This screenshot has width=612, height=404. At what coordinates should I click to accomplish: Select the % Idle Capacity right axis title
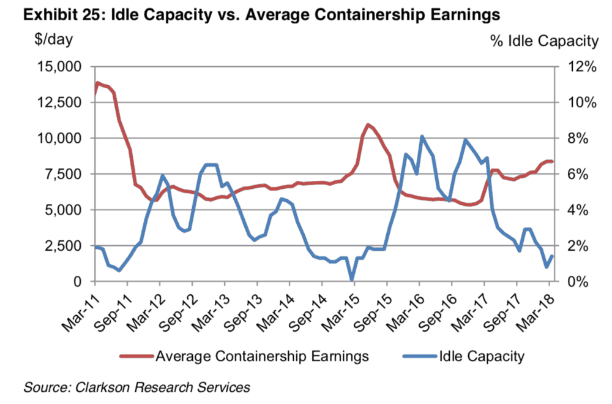pyautogui.click(x=543, y=41)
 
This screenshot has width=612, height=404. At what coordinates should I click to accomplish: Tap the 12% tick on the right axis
pyautogui.click(x=581, y=66)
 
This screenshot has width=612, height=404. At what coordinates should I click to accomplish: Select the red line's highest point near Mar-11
pyautogui.click(x=97, y=83)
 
